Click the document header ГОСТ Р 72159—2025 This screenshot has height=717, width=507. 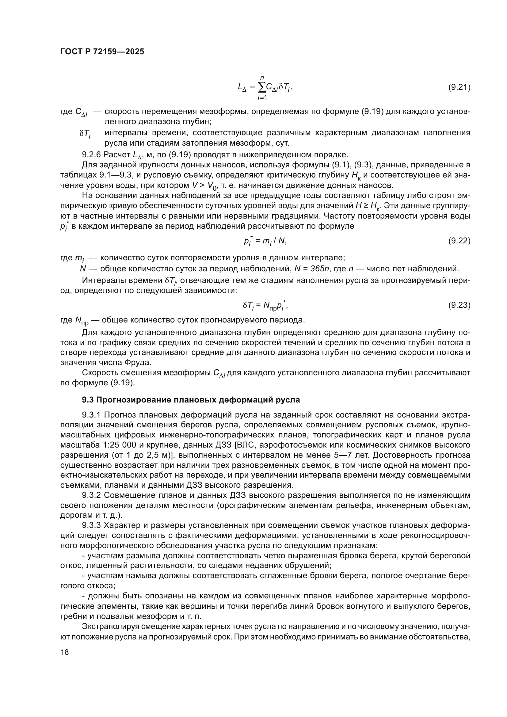click(x=102, y=51)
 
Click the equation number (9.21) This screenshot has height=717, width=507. click(x=459, y=87)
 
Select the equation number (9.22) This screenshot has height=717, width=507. click(x=459, y=240)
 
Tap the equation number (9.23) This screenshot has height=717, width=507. click(x=459, y=305)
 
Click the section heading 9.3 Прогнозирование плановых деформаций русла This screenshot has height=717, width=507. click(x=191, y=400)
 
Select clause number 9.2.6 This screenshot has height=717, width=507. click(x=91, y=154)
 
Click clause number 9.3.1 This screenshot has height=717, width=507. click(x=91, y=415)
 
